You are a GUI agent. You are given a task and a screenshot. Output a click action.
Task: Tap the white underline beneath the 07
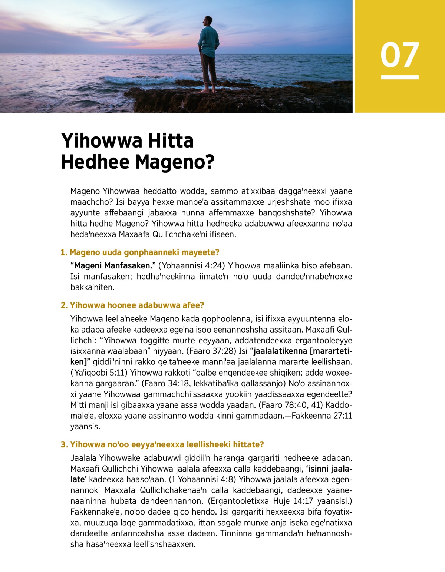tap(400, 77)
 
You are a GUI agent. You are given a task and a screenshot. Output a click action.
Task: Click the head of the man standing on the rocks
tap(208, 22)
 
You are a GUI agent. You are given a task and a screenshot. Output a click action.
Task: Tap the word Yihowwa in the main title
tap(102, 141)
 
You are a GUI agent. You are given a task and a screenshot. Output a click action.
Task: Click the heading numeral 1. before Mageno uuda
tap(64, 252)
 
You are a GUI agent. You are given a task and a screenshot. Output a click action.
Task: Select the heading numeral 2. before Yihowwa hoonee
tap(64, 305)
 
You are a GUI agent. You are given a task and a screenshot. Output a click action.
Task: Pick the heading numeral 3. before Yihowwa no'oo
tap(64, 444)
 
